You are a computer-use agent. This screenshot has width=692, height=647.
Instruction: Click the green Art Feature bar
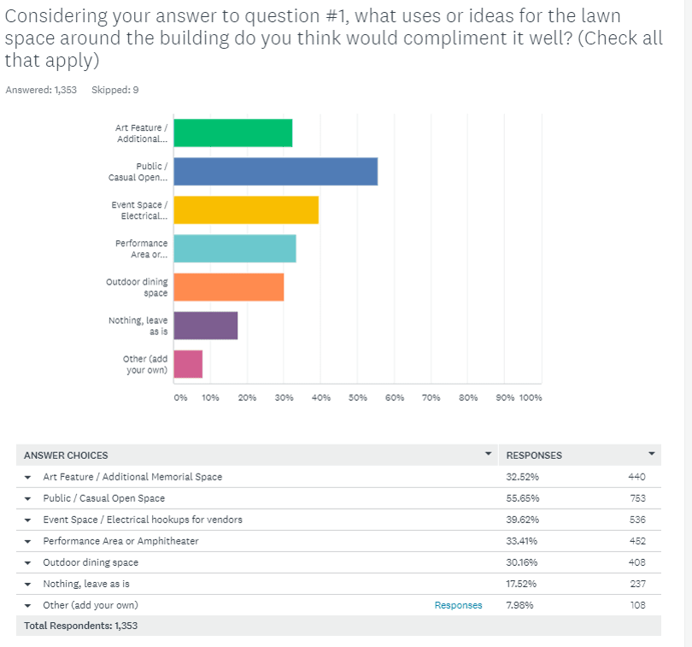232,133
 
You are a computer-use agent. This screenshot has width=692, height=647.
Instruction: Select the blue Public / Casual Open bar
275,172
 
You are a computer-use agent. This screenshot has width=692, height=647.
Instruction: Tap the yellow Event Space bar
246,210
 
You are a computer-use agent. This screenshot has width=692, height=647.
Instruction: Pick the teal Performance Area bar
235,249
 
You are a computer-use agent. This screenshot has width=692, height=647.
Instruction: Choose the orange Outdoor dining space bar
229,287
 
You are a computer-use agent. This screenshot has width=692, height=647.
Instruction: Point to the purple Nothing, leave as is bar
206,326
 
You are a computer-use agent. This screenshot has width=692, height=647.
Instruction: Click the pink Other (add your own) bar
188,364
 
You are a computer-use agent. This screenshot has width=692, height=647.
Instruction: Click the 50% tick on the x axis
357,397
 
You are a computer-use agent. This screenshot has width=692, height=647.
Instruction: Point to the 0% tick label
179,397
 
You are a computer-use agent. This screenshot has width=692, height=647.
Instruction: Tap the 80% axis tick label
467,397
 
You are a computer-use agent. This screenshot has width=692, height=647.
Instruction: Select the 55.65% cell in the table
523,498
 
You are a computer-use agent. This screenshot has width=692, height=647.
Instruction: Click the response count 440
636,477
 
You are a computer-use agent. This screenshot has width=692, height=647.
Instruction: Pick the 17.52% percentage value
523,584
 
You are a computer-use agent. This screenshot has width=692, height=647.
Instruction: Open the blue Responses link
458,605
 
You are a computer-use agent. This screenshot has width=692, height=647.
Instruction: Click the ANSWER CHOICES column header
66,456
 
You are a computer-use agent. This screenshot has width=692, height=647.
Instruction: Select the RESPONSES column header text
534,456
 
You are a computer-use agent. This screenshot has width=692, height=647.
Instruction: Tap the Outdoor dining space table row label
91,562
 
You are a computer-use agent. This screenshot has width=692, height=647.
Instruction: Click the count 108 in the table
636,605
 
